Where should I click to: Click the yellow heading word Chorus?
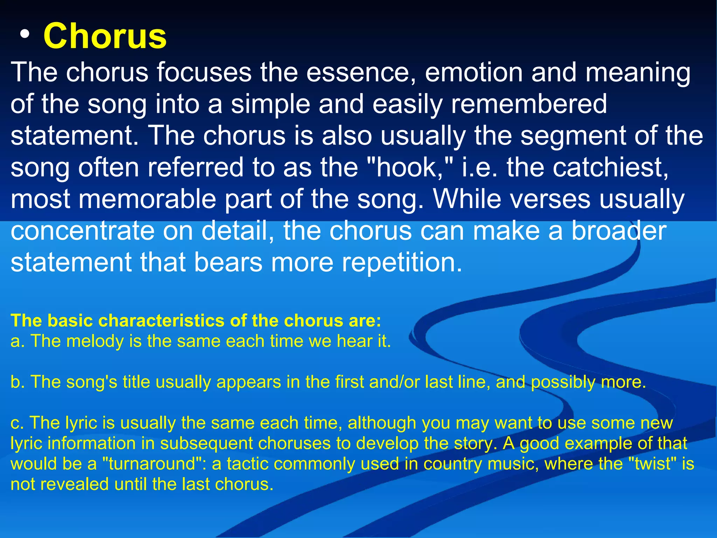point(105,36)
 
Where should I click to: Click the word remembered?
point(529,104)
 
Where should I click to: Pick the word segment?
point(573,136)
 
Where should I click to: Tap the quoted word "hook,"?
point(414,167)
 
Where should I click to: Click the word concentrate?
point(83,231)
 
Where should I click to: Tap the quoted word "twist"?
point(653,464)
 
